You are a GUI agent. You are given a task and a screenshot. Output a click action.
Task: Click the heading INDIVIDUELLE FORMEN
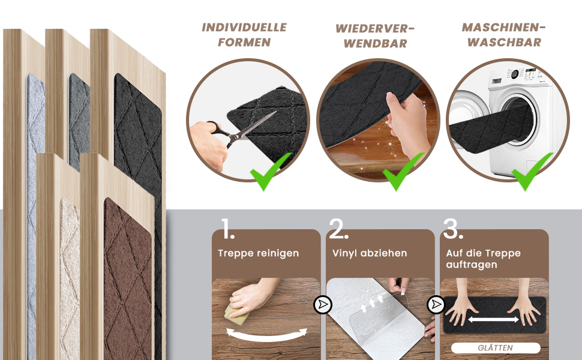(x=244, y=35)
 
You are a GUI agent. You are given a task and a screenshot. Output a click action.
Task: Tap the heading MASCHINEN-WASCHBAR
(x=503, y=35)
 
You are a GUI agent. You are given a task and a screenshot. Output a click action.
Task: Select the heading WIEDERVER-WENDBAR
(x=375, y=36)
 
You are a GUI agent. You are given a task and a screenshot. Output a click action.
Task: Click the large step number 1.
(x=228, y=229)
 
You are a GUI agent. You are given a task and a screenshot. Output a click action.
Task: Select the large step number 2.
(x=338, y=229)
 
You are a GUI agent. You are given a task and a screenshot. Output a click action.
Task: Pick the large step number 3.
(x=453, y=229)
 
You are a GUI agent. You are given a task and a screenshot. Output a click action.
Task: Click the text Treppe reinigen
(x=259, y=253)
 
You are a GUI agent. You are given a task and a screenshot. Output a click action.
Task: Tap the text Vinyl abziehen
(x=370, y=253)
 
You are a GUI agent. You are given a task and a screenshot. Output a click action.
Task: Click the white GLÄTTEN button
(x=496, y=348)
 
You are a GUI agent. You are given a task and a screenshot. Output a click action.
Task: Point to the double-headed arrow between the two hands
(x=493, y=320)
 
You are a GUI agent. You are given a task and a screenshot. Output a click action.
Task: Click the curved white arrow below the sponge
(x=267, y=336)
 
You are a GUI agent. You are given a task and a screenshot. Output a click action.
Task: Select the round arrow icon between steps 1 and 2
(x=323, y=305)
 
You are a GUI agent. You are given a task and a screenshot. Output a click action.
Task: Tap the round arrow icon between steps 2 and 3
(x=436, y=305)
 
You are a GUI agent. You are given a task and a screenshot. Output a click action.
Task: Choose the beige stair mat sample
(x=70, y=278)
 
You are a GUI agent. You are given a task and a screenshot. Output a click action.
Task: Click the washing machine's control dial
(x=515, y=74)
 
